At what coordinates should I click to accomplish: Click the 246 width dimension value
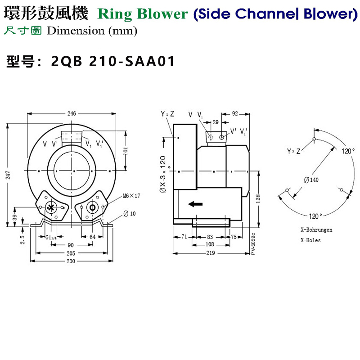click(71, 113)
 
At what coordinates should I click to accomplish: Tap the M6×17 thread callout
click(131, 196)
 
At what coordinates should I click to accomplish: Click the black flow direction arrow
click(195, 204)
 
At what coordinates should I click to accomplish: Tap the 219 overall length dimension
click(211, 253)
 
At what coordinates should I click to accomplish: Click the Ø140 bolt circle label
click(310, 180)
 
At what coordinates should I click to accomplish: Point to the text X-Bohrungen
click(316, 229)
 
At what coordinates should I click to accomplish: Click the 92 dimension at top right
click(235, 113)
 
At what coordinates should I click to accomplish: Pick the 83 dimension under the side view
click(210, 237)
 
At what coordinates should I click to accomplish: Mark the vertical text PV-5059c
click(253, 244)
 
